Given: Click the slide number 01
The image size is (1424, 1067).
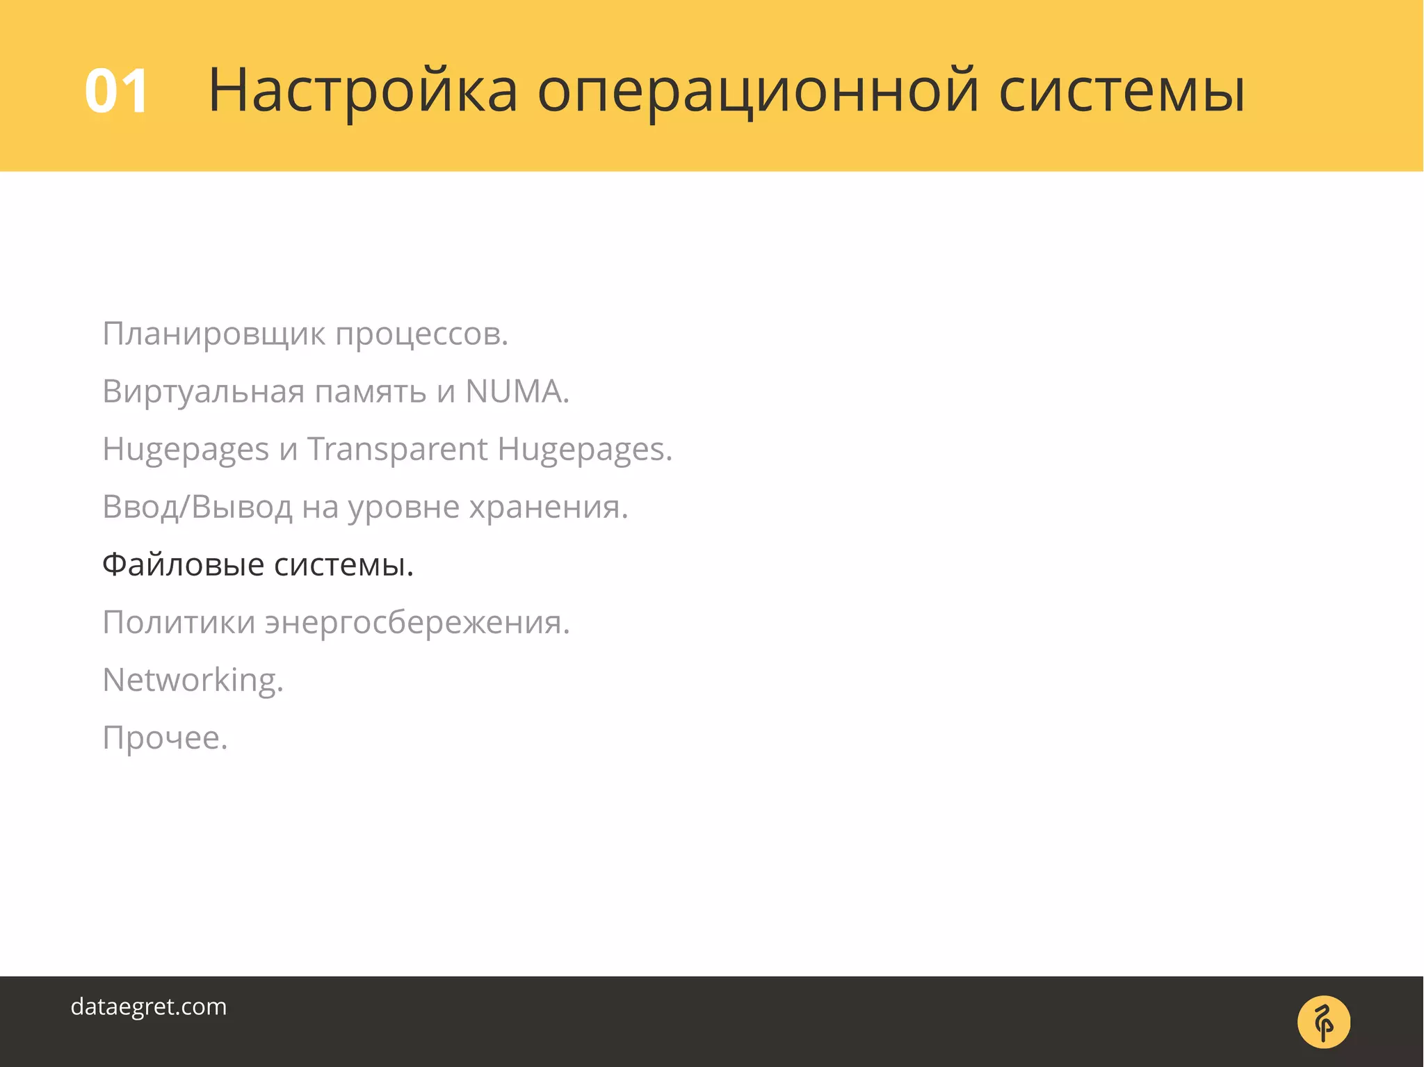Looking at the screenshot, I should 116,92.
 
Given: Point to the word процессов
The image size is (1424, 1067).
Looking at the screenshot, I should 421,334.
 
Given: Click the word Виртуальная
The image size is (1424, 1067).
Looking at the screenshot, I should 203,391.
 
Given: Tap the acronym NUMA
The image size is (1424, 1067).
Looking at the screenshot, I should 517,391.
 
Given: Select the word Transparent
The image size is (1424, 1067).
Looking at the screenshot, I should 397,449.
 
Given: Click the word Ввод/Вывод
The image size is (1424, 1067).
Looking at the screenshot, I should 197,507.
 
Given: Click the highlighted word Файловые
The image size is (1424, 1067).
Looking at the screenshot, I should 183,564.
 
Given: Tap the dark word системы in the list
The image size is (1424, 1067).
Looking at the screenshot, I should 343,564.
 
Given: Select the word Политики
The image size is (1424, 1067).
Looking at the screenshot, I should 179,622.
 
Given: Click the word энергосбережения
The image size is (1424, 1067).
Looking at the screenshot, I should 417,622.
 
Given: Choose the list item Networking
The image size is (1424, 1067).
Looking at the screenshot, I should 193,680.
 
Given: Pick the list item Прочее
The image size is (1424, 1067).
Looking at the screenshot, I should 165,738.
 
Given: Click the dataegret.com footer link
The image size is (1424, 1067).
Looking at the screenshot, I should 149,1007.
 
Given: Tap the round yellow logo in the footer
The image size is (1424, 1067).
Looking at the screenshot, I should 1323,1022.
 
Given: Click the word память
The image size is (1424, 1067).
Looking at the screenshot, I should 371,391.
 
